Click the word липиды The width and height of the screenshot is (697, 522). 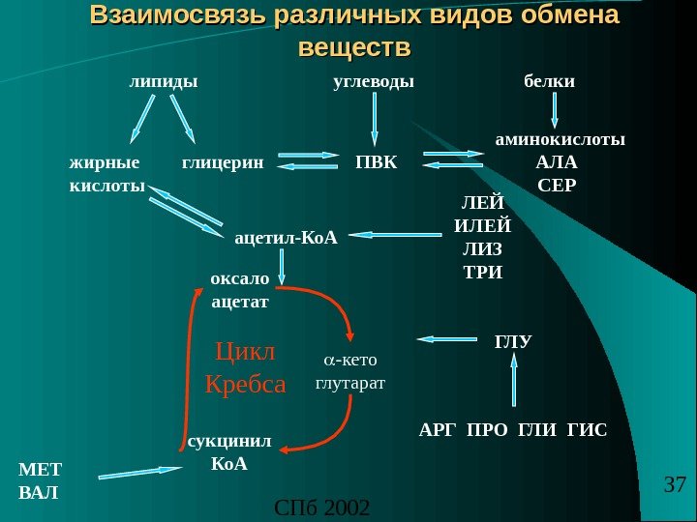pyautogui.click(x=163, y=82)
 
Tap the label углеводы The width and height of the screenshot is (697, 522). pyautogui.click(x=373, y=82)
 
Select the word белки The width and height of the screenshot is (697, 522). pyautogui.click(x=549, y=82)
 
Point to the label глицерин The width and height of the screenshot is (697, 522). pyautogui.click(x=223, y=161)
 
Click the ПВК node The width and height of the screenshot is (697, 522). pyautogui.click(x=377, y=161)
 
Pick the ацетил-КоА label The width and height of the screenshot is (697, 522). pyautogui.click(x=286, y=235)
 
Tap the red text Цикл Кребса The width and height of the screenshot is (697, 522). pyautogui.click(x=246, y=366)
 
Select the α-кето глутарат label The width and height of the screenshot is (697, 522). pyautogui.click(x=350, y=371)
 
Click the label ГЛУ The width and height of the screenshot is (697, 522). pyautogui.click(x=513, y=341)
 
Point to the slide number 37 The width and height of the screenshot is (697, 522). pyautogui.click(x=675, y=483)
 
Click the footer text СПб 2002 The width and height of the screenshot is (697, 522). pyautogui.click(x=323, y=507)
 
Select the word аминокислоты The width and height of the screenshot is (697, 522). pyautogui.click(x=561, y=139)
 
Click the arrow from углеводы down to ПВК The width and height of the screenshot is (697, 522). pyautogui.click(x=375, y=123)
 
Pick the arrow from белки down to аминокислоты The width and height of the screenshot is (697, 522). pyautogui.click(x=554, y=110)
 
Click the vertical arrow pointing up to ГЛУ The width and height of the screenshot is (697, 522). pyautogui.click(x=514, y=381)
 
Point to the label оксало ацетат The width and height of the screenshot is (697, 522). pyautogui.click(x=239, y=290)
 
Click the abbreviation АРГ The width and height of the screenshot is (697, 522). pyautogui.click(x=439, y=428)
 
